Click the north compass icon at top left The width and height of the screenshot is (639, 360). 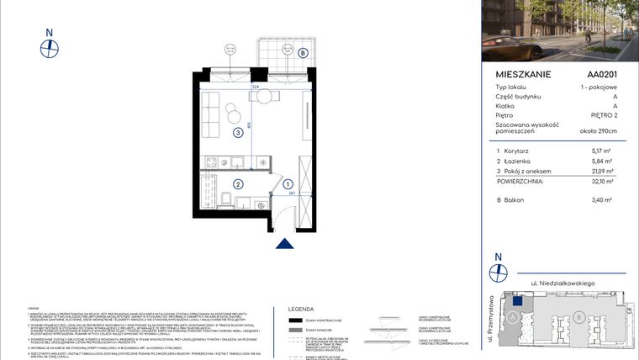tap(50, 46)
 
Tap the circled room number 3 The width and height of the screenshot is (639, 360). tap(239, 132)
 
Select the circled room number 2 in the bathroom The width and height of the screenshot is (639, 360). tap(238, 184)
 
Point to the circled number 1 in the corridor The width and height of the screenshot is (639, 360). tap(288, 184)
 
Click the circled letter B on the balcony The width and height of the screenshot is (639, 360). tap(302, 52)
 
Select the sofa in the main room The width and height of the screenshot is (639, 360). tap(209, 111)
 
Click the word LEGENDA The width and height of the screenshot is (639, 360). tap(302, 309)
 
